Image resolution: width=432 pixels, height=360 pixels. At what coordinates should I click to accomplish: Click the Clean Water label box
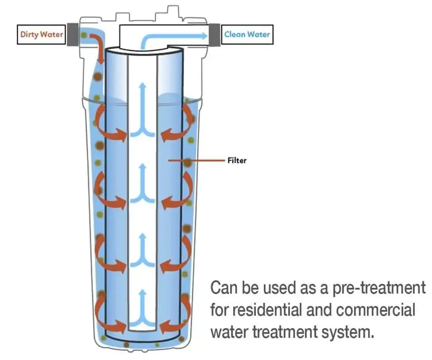click(247, 35)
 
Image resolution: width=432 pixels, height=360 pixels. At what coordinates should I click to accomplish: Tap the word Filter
click(237, 160)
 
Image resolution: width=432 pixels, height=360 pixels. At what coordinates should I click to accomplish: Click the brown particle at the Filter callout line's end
click(188, 162)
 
